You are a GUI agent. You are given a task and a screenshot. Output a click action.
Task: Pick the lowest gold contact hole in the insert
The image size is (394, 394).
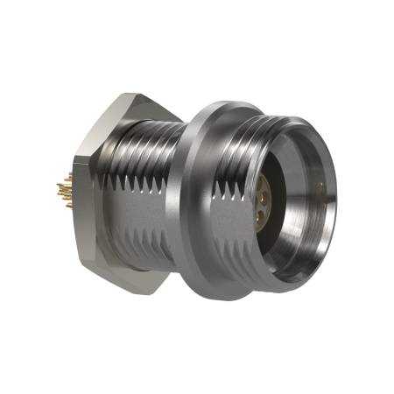pyautogui.click(x=264, y=213)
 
